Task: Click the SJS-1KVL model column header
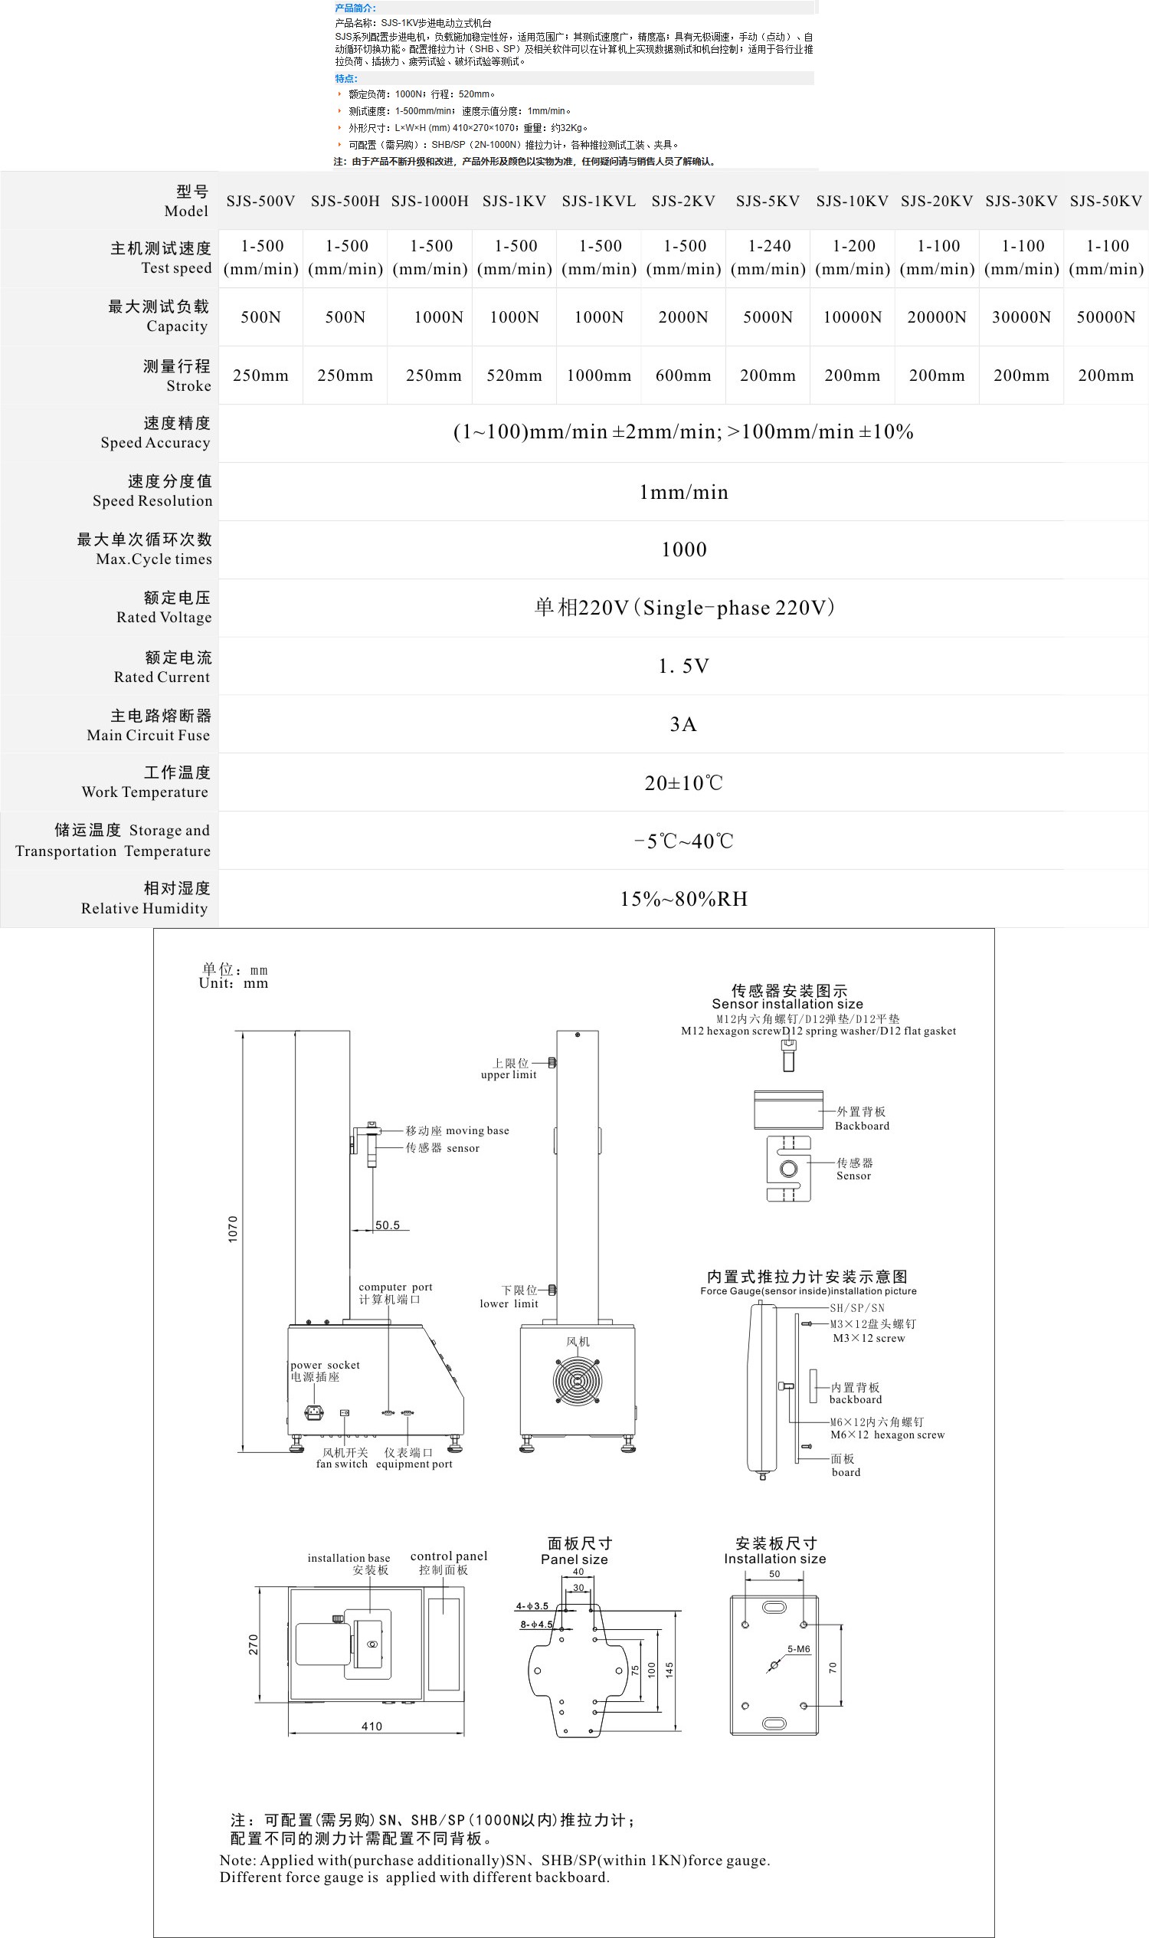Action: pos(598,202)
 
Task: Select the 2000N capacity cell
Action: pos(683,316)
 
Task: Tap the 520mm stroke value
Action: pos(514,375)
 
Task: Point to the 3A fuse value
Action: pos(683,724)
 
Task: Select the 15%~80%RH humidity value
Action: pos(683,899)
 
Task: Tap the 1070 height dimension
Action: pos(233,1228)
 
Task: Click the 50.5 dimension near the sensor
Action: pos(387,1225)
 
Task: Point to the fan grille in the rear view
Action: pos(577,1380)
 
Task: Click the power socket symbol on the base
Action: pos(313,1412)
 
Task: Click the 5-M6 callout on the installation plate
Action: pos(798,1649)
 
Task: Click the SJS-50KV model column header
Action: pos(1105,202)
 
